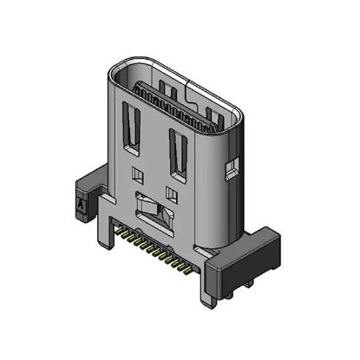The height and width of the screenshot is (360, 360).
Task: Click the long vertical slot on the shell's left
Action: (x=134, y=128)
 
